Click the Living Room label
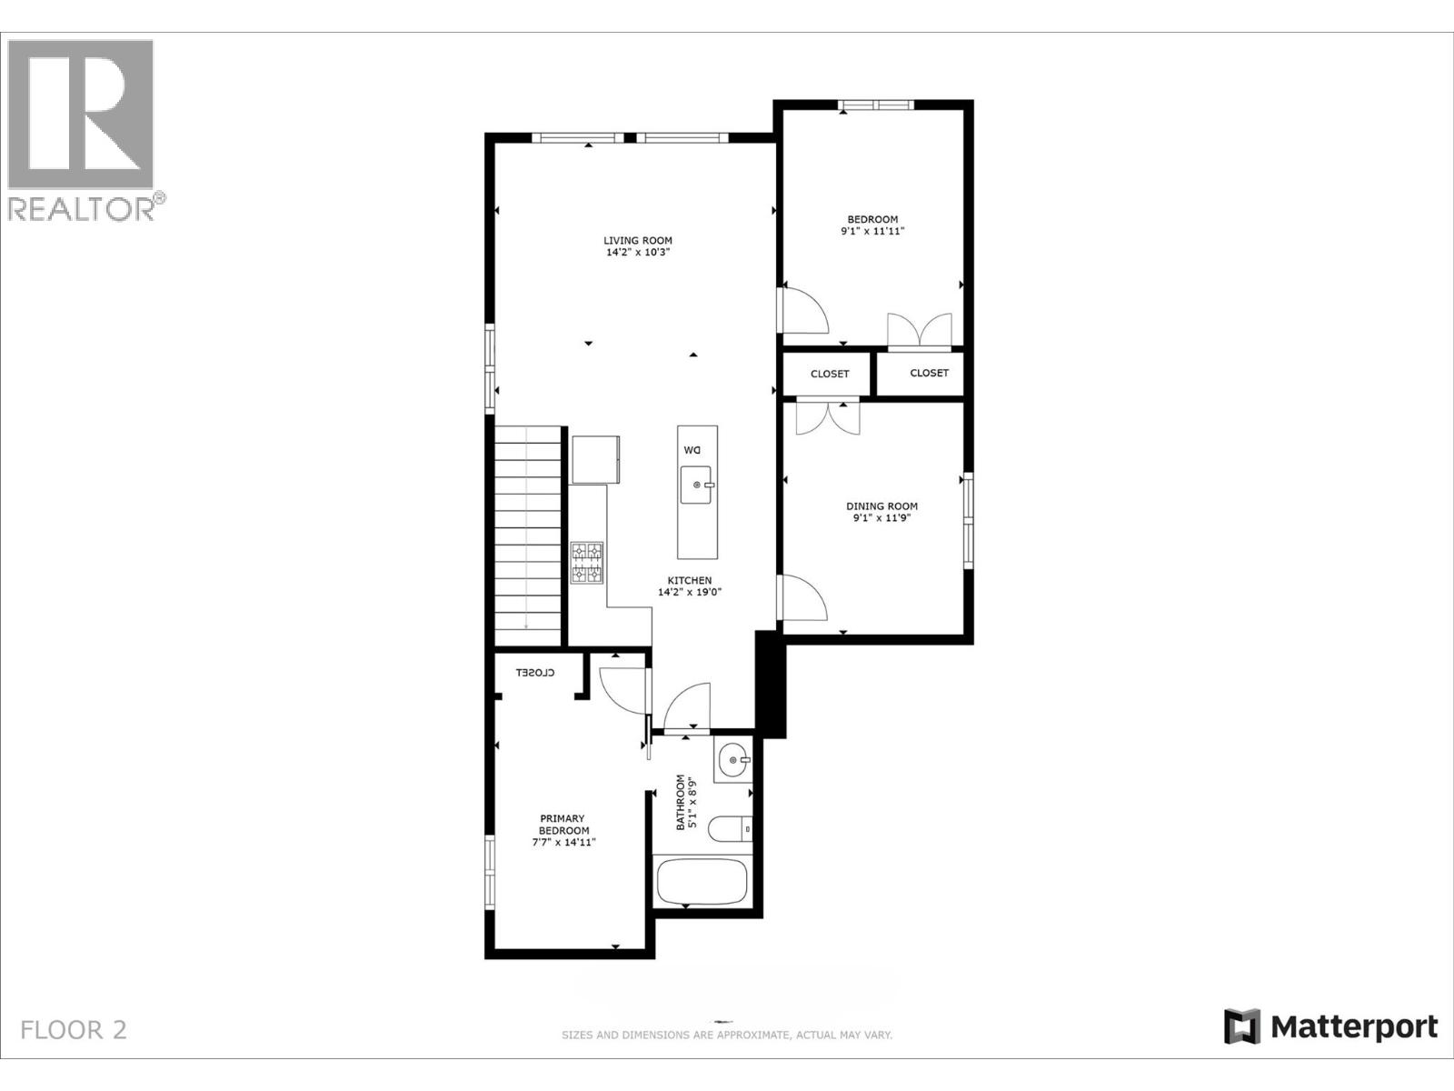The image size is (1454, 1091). [638, 241]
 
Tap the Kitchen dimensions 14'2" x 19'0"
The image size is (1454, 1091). [690, 592]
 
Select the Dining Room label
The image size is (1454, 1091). [881, 506]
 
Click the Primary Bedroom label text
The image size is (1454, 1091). [563, 825]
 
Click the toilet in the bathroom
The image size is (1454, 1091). [730, 828]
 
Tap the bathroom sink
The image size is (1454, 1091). [732, 761]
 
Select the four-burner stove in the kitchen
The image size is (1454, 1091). [587, 563]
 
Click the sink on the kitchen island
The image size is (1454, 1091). [697, 485]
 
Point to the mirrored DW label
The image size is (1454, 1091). [692, 450]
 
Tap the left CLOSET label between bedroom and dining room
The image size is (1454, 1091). [830, 374]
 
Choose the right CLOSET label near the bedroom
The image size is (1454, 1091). [929, 373]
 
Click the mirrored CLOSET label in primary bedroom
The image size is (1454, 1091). [535, 673]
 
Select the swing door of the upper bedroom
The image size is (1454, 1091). [804, 311]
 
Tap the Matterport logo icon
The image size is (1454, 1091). [1242, 1027]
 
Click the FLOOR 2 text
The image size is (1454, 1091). [74, 1030]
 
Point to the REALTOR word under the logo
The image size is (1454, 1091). [81, 209]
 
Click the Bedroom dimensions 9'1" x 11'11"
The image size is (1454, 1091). [872, 231]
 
